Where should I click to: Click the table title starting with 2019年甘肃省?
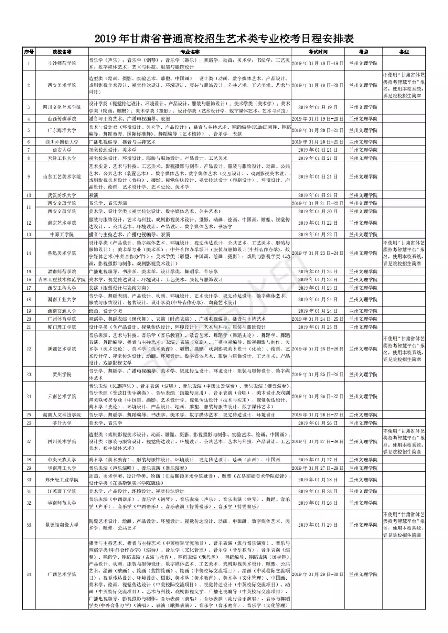[x=224, y=39]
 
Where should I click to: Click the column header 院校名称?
[x=62, y=52]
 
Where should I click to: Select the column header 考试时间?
[x=318, y=52]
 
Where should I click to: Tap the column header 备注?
[x=404, y=52]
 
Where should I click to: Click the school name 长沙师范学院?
[x=62, y=63]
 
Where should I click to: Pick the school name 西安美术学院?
[x=62, y=85]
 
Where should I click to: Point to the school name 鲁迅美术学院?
[x=62, y=253]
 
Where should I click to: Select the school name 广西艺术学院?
[x=62, y=574]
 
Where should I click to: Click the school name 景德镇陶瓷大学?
[x=62, y=525]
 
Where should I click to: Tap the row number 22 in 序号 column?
[x=29, y=349]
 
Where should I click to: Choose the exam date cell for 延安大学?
[x=318, y=150]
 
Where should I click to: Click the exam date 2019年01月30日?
[x=318, y=211]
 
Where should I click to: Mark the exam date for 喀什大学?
[x=318, y=423]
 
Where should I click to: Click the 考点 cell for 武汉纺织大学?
[x=363, y=195]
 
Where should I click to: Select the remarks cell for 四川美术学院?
[x=404, y=442]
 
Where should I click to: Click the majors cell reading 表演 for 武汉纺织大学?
[x=94, y=195]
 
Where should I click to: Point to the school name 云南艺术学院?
[x=62, y=396]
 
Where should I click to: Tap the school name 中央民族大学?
[x=62, y=460]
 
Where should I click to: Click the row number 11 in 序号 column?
[x=29, y=207]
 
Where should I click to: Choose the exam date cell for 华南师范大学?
[x=318, y=503]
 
